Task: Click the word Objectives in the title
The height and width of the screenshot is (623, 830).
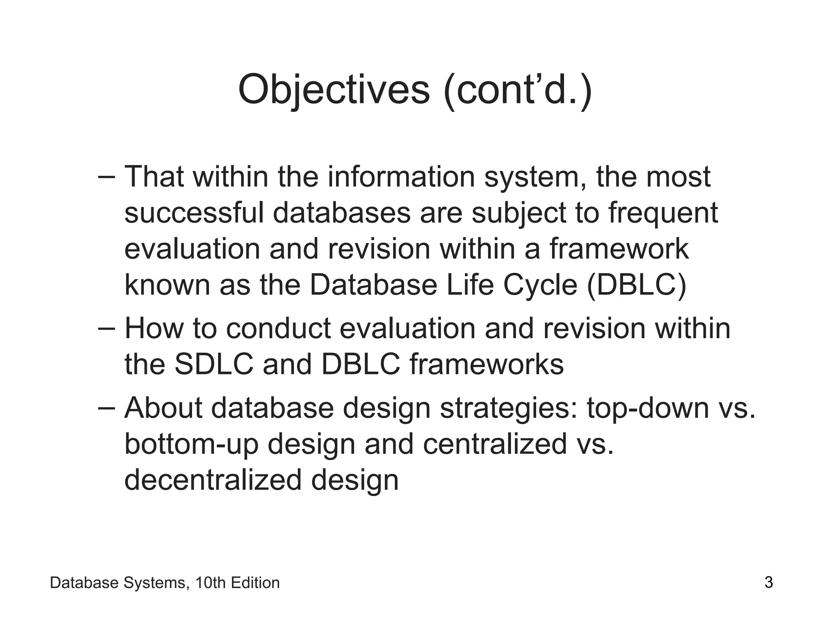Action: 333,90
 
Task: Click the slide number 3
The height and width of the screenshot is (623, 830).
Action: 768,582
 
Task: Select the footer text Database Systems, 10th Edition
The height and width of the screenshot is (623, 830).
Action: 165,583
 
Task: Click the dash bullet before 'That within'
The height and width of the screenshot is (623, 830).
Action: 107,177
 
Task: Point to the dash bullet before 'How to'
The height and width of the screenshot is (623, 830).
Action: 107,328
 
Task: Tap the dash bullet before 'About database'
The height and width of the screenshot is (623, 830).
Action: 107,408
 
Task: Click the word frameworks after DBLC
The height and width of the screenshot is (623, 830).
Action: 486,364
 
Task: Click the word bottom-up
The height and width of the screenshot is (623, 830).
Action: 191,443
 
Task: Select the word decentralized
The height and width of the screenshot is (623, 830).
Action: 213,479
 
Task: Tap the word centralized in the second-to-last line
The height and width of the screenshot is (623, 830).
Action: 494,443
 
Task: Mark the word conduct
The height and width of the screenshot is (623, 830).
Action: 278,328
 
